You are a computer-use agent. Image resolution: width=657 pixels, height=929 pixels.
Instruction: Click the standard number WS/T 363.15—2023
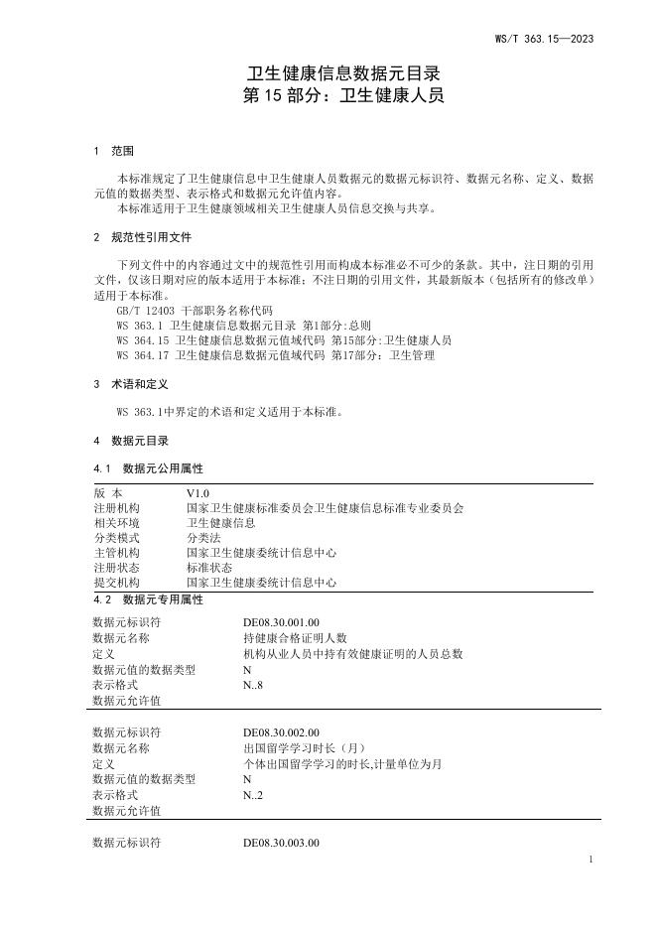tap(544, 39)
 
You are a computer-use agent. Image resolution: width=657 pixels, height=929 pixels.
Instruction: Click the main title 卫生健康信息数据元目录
tap(342, 73)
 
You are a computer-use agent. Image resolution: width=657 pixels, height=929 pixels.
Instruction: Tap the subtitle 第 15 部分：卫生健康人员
tap(342, 96)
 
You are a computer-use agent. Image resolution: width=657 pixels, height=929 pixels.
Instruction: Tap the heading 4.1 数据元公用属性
tap(148, 467)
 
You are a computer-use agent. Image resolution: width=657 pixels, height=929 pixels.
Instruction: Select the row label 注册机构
tap(116, 508)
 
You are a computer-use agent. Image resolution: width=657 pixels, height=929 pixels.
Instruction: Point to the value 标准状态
tap(208, 568)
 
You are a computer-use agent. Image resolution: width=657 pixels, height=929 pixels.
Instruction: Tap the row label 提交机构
tap(116, 583)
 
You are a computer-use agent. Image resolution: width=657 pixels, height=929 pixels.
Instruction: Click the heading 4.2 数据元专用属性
tap(148, 599)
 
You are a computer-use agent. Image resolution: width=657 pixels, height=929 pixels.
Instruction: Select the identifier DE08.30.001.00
tap(281, 622)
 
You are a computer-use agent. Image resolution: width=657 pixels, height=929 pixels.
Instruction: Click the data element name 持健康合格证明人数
tap(295, 638)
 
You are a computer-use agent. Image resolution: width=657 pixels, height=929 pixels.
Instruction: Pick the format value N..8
tap(255, 685)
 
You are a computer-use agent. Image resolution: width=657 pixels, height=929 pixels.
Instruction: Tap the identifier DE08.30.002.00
tap(281, 732)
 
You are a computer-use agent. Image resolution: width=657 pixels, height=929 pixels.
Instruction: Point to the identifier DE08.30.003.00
tap(281, 843)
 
